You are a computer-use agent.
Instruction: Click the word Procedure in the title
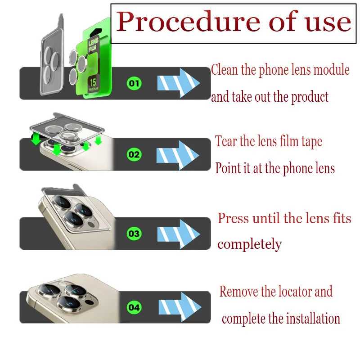(x=188, y=22)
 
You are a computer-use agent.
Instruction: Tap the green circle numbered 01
(x=134, y=83)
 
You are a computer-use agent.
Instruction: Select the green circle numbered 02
(x=134, y=154)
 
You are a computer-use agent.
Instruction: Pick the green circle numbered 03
(x=134, y=234)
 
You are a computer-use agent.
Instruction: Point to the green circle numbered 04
(x=134, y=307)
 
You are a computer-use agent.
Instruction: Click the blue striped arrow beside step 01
(x=178, y=83)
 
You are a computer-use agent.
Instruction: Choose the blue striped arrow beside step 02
(x=177, y=155)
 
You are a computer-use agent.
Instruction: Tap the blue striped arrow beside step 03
(x=178, y=234)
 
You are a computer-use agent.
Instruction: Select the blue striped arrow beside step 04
(x=180, y=307)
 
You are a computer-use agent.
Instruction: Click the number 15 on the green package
(x=93, y=82)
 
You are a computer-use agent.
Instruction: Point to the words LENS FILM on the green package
(x=93, y=45)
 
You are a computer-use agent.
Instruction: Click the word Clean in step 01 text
(x=224, y=69)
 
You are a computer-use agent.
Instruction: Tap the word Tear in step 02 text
(x=226, y=141)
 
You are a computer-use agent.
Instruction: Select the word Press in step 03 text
(x=233, y=218)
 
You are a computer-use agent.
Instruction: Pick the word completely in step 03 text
(x=250, y=244)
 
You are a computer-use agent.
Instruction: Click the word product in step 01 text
(x=310, y=97)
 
